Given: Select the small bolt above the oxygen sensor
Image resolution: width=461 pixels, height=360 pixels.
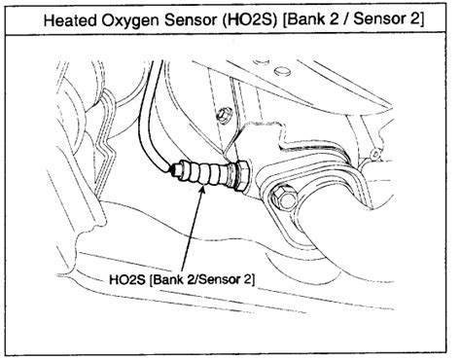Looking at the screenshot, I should [224, 118].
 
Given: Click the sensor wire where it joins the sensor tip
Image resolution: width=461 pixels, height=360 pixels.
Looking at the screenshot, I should [173, 171].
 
